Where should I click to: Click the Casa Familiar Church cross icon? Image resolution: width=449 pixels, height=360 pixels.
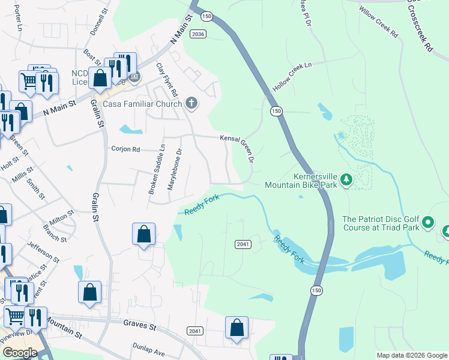click(x=191, y=103)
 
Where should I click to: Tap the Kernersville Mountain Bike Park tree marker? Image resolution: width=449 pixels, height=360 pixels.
click(x=346, y=179)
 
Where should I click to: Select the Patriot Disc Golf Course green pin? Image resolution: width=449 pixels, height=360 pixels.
click(x=427, y=223)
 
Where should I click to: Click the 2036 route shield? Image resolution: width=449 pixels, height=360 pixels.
click(x=198, y=34)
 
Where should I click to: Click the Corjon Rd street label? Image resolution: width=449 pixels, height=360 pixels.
click(x=125, y=149)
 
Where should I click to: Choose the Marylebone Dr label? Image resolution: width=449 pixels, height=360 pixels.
click(x=174, y=169)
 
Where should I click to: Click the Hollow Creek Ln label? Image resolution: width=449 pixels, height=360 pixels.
click(x=293, y=76)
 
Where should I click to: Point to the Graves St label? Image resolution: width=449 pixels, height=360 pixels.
click(x=140, y=326)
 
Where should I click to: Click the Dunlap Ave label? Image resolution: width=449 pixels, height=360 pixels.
click(x=148, y=350)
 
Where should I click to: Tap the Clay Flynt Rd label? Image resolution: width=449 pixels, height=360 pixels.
click(x=167, y=80)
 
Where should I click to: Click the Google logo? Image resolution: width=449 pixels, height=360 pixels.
click(x=20, y=353)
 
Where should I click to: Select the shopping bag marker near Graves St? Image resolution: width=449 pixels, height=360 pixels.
click(x=237, y=328)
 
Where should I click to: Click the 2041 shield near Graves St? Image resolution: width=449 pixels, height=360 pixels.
click(x=194, y=331)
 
